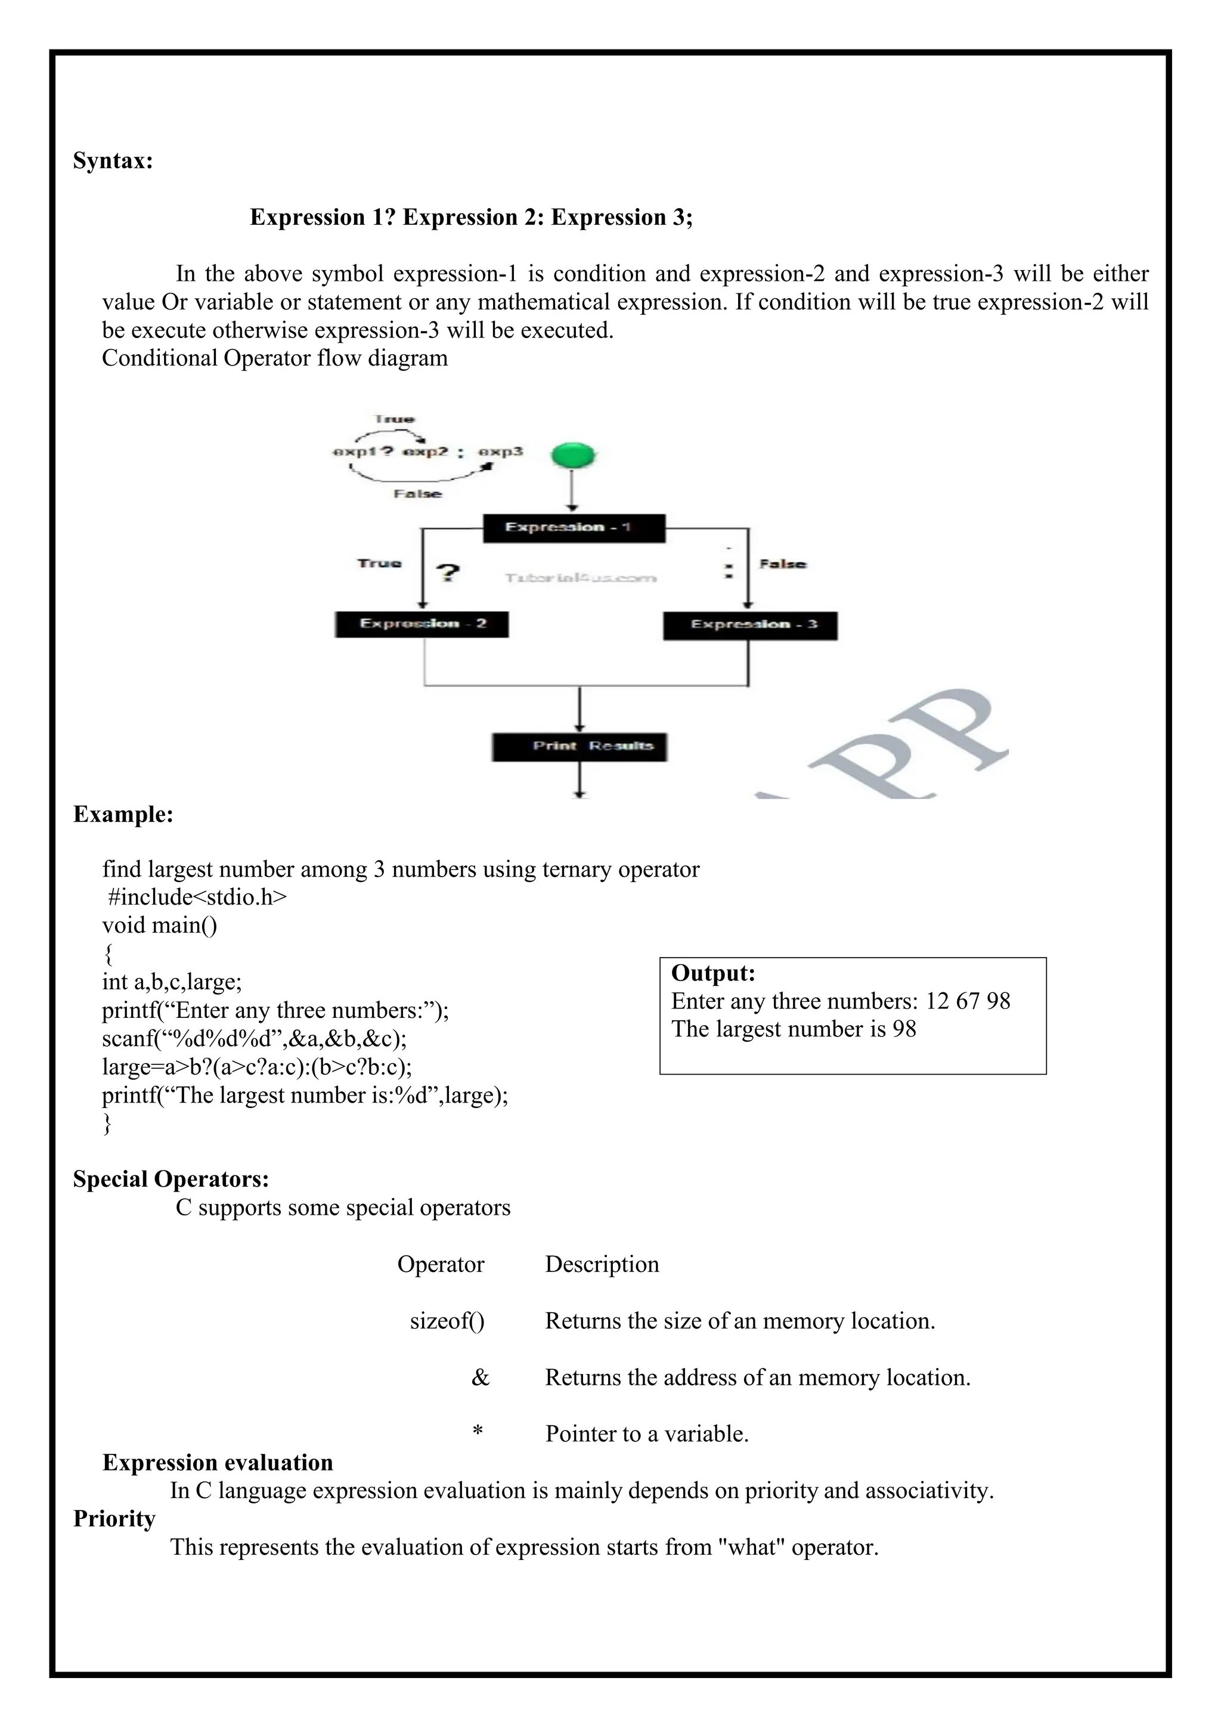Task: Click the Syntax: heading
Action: tap(113, 161)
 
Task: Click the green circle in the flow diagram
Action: tap(573, 456)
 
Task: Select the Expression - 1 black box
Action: tap(574, 528)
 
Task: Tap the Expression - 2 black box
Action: tap(422, 624)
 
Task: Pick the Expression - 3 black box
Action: tap(749, 625)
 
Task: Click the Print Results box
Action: tap(579, 746)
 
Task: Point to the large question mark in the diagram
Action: tap(448, 573)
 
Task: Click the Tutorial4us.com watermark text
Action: tap(581, 578)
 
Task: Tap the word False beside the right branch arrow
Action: tap(782, 564)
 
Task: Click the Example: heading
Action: tap(123, 815)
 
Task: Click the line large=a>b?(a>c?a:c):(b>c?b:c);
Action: tap(257, 1067)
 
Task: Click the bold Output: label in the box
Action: tap(713, 973)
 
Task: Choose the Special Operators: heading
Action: tap(171, 1180)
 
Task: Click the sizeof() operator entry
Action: tap(447, 1321)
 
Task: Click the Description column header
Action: tap(602, 1264)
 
